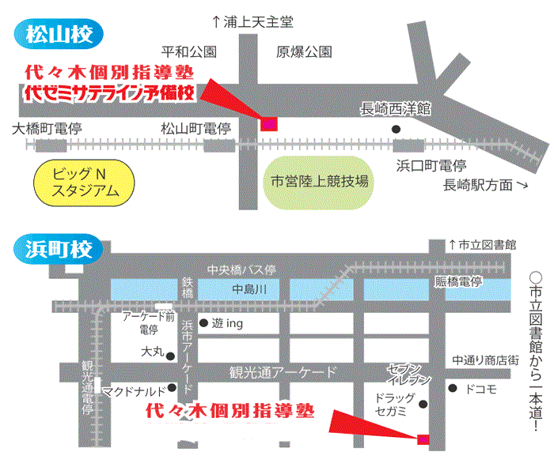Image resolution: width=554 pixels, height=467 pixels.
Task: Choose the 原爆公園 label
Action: click(x=304, y=53)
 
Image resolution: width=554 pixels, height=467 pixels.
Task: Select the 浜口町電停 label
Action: click(x=431, y=166)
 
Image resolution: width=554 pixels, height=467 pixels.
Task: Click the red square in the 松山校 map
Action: click(x=269, y=122)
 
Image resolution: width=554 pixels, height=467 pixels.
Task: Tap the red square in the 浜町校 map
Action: click(x=423, y=438)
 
